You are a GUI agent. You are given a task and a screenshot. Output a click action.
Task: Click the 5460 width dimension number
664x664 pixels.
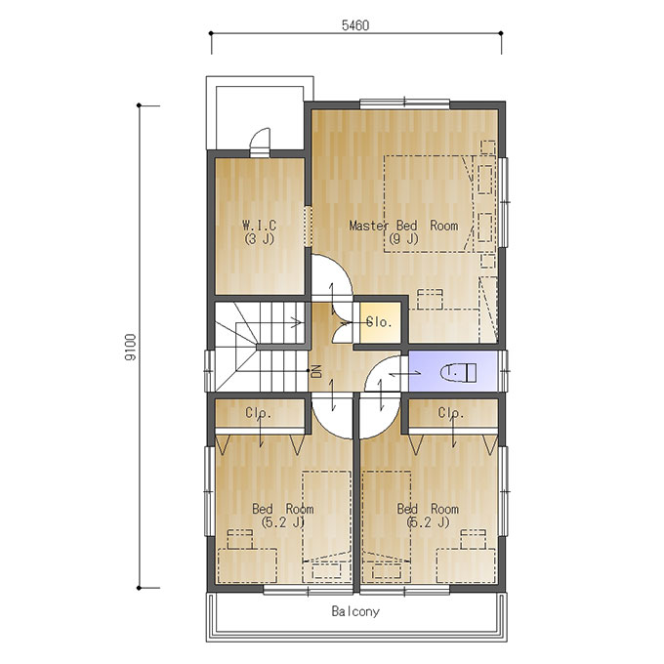pos(355,25)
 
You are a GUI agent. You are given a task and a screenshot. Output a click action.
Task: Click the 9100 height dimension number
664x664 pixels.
pos(131,347)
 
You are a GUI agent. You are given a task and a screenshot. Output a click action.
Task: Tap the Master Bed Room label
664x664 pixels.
pos(403,231)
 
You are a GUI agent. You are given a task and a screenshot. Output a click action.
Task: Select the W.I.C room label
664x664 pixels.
pos(259,231)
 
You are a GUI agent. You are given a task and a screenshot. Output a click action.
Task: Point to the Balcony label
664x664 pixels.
pos(355,611)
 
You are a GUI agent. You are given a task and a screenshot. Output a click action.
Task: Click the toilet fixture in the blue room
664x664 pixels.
pos(459,372)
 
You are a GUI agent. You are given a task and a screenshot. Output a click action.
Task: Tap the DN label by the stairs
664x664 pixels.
pos(316,371)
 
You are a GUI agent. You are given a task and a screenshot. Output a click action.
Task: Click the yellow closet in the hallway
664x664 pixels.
pos(380,322)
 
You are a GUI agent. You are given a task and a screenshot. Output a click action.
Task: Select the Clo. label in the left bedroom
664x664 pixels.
pos(259,412)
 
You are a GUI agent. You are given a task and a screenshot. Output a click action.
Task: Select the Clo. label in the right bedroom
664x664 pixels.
pos(451,412)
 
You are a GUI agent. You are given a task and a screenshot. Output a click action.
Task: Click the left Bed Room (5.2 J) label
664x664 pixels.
pos(283,515)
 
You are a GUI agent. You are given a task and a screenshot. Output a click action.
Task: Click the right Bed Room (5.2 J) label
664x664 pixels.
pos(428,515)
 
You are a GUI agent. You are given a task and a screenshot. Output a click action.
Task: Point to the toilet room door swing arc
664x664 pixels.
pos(372,367)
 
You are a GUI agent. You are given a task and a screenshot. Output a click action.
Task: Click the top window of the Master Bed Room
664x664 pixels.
pos(404,104)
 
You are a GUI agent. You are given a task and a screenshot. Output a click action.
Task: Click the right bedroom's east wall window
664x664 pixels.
pos(503,491)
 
